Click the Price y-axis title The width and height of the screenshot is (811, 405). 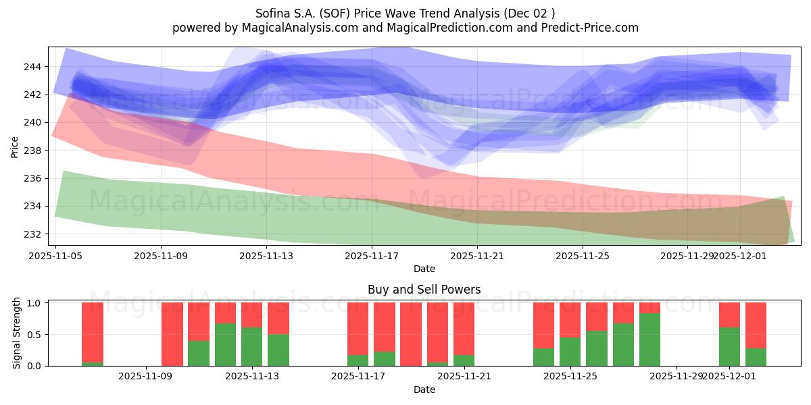coord(14,146)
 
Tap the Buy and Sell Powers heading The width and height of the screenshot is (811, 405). coord(424,290)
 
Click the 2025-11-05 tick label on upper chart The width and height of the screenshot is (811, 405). coord(55,256)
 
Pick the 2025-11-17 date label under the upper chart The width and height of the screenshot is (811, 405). coord(372,256)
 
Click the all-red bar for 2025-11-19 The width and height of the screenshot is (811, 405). coord(411,334)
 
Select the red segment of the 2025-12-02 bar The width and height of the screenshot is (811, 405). coord(756,324)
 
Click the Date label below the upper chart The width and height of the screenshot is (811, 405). coord(424,269)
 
